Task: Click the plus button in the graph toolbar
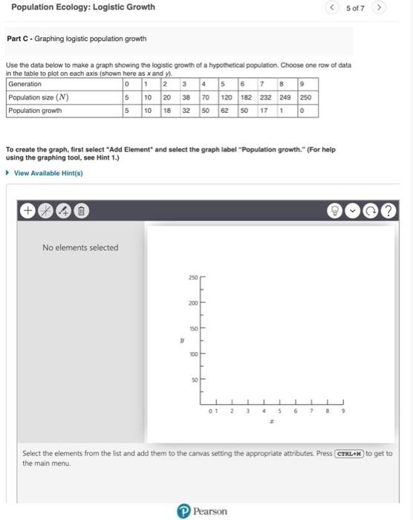point(27,210)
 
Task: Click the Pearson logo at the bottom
point(205,511)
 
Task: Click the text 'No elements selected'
point(79,247)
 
